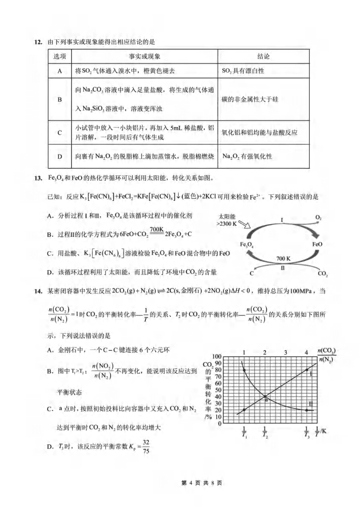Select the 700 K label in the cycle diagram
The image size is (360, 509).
click(x=283, y=259)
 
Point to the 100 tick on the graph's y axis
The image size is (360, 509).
click(x=217, y=357)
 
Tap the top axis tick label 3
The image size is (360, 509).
click(x=286, y=352)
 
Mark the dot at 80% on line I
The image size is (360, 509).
click(x=307, y=370)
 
